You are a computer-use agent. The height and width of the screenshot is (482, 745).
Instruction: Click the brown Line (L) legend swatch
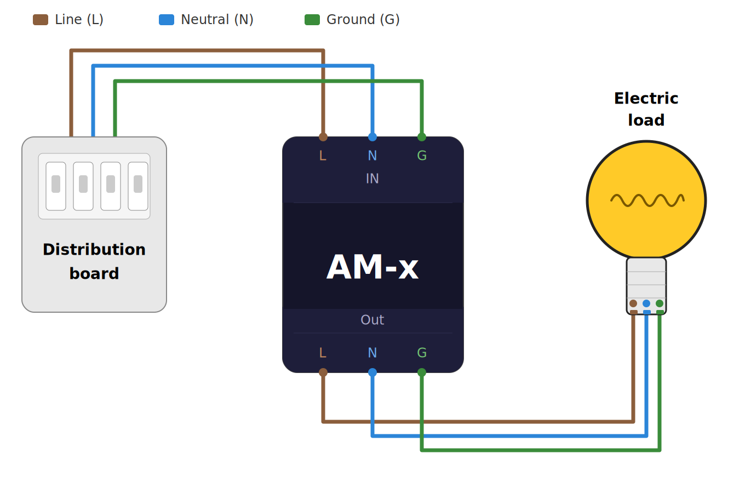point(41,20)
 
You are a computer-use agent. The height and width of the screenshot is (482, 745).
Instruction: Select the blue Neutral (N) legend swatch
point(167,20)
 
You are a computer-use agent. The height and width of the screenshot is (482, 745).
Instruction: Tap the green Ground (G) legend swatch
point(312,20)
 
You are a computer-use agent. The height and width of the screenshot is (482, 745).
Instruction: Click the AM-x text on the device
point(373,267)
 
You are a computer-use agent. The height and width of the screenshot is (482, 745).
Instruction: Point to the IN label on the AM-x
point(373,179)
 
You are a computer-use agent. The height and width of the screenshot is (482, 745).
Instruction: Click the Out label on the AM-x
point(373,320)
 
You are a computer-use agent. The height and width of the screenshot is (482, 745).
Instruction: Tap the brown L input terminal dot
point(323,137)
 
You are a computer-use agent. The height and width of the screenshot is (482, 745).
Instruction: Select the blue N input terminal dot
point(373,137)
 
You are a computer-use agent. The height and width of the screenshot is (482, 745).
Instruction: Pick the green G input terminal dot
point(422,137)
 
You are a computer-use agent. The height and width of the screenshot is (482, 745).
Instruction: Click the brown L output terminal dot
point(323,372)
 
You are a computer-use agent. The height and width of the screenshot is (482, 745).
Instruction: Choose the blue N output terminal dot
point(373,372)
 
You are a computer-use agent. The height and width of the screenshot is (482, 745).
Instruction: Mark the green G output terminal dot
point(422,372)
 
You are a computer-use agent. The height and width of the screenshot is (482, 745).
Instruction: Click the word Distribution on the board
point(94,250)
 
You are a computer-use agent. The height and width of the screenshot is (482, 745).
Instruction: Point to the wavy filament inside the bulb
point(647,200)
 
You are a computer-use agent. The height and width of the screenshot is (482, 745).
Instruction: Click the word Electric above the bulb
point(646,99)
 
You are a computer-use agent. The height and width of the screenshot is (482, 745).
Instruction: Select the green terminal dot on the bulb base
point(660,303)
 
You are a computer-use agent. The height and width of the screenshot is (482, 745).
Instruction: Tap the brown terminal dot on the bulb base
point(633,303)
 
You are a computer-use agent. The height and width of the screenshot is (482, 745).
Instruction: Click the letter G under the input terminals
point(422,156)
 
